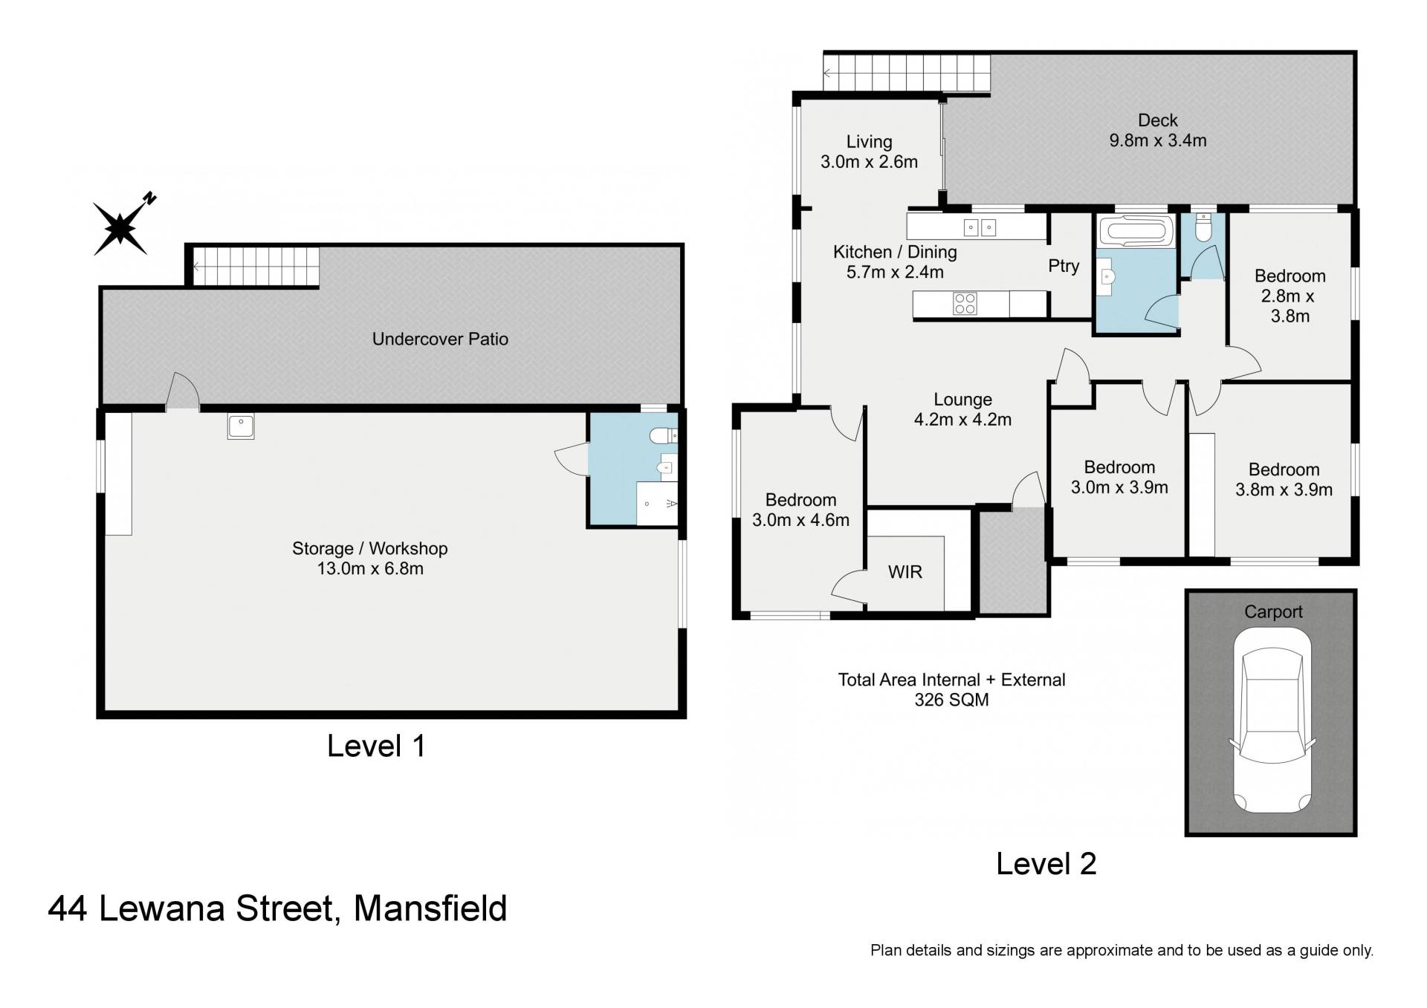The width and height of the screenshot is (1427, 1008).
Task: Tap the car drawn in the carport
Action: tap(1272, 721)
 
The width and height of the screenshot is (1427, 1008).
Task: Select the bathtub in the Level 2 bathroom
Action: tap(1136, 231)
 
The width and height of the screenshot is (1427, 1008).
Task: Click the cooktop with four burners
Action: tap(965, 303)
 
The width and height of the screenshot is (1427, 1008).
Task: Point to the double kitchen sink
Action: tap(980, 227)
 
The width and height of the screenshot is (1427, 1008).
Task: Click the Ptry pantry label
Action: tap(1064, 266)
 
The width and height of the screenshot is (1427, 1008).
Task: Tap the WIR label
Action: tap(905, 572)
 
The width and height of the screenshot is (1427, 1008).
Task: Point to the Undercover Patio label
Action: tap(440, 339)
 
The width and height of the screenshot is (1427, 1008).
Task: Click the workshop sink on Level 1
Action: tap(241, 426)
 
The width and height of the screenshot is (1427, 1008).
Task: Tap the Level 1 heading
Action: tap(376, 746)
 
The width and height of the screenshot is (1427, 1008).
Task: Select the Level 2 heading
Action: tap(1046, 863)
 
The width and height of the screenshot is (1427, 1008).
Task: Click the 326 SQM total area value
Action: tap(951, 700)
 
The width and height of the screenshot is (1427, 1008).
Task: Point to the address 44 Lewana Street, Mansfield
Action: tap(277, 908)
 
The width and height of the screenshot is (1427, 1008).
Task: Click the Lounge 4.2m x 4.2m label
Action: tap(962, 409)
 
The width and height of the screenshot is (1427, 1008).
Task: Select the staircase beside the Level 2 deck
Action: tap(907, 73)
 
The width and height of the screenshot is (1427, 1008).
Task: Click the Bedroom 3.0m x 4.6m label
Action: tap(800, 510)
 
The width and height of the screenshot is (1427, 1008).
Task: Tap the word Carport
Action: tap(1273, 611)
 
